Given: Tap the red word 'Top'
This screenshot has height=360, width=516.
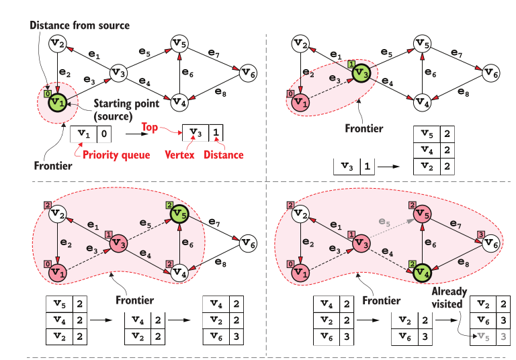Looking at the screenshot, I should [150, 126].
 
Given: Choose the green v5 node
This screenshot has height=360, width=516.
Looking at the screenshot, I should [178, 215].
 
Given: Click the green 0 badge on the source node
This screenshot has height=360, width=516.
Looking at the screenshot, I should [47, 94].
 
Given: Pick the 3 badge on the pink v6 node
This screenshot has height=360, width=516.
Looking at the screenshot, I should [480, 233].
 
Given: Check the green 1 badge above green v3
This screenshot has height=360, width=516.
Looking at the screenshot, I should [351, 63].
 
